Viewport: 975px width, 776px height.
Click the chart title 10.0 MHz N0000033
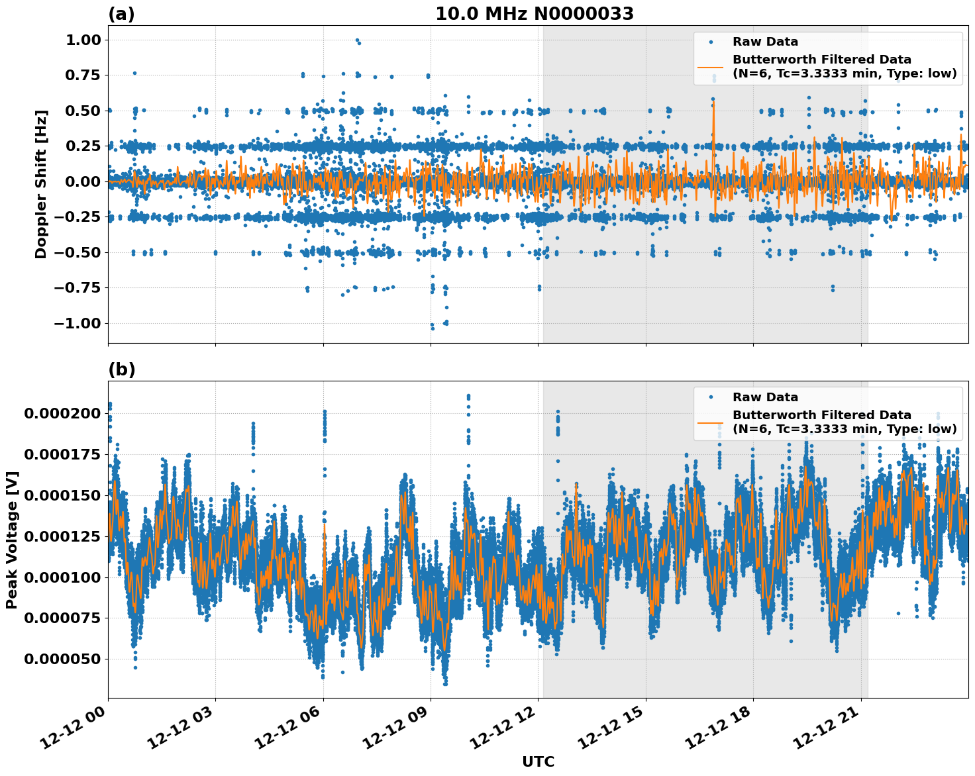coord(534,14)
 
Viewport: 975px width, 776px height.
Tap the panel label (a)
coord(121,14)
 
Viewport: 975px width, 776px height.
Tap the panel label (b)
coord(121,369)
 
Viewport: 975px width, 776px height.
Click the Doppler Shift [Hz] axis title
coord(41,184)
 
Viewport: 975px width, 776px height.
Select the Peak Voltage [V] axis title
coord(11,540)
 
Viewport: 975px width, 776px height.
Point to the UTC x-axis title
coord(538,761)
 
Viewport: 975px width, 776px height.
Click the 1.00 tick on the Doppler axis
coord(83,40)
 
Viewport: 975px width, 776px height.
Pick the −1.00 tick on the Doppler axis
coord(77,323)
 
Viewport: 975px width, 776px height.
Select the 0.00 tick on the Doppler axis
coord(83,181)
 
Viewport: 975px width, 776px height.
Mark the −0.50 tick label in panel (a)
coord(77,252)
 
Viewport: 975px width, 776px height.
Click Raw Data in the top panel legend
coord(765,42)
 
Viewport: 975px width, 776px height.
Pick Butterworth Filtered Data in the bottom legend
coord(821,415)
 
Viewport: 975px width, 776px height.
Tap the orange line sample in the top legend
coord(710,66)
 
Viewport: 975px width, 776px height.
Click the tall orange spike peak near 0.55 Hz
coord(713,103)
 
